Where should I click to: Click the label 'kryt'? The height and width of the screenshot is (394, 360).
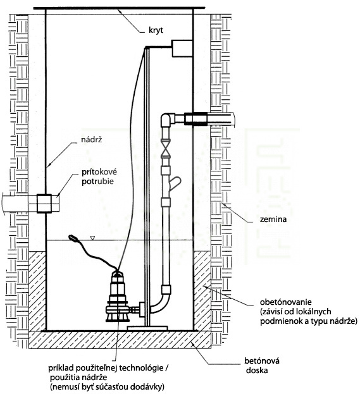156,30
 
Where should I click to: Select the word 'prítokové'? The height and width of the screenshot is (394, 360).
99,172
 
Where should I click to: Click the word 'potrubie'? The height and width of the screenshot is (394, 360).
97,182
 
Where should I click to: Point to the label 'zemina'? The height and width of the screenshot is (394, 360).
273,219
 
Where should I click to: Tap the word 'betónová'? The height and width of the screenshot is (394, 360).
262,361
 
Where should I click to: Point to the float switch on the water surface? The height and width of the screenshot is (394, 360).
73,237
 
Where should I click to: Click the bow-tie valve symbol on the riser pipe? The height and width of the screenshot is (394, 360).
166,149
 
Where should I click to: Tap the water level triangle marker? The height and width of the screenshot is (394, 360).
93,238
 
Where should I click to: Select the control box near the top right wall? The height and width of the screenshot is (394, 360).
182,48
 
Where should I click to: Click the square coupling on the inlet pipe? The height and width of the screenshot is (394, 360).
44,204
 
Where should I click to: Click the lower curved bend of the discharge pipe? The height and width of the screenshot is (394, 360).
161,303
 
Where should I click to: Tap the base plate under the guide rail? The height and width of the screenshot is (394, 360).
147,328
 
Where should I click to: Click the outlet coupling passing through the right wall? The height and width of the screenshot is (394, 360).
196,119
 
